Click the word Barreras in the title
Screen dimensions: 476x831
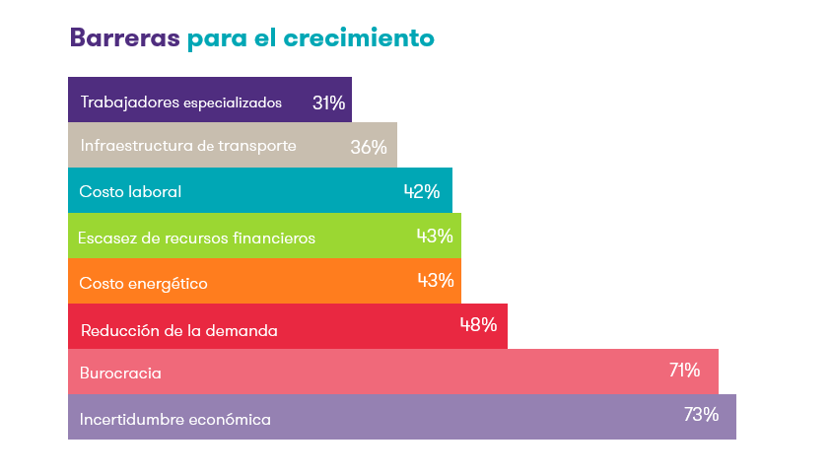(x=124, y=38)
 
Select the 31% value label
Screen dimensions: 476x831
(x=328, y=102)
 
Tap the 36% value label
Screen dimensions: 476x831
(x=369, y=147)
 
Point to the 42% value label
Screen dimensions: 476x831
(x=421, y=191)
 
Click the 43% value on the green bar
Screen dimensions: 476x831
(x=435, y=236)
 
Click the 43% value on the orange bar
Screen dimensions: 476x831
(x=435, y=280)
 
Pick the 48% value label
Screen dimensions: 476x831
(x=478, y=324)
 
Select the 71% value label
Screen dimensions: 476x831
(x=684, y=370)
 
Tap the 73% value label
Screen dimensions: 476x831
(x=701, y=414)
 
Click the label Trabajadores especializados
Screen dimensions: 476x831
(x=181, y=102)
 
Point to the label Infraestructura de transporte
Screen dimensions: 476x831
(x=187, y=146)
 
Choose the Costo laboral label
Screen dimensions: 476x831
(x=130, y=192)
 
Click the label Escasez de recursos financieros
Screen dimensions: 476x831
(x=197, y=238)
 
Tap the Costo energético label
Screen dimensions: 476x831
(x=143, y=283)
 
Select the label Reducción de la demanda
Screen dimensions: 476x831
(x=178, y=330)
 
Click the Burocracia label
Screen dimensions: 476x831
(x=120, y=374)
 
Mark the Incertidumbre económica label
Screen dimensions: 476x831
(x=175, y=419)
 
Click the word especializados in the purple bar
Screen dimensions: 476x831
(x=233, y=103)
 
